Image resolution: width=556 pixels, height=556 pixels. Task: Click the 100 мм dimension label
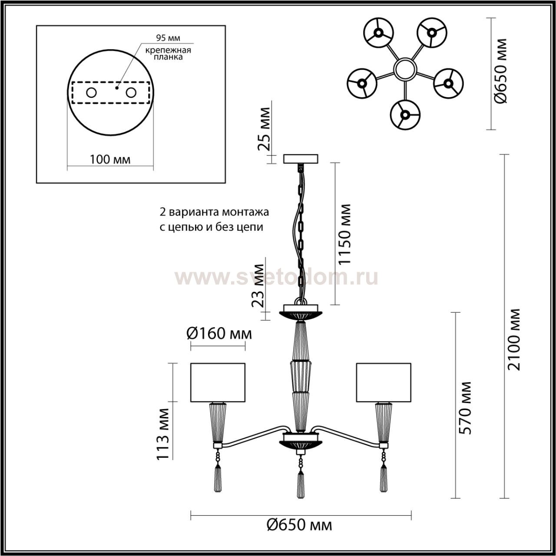click(110, 159)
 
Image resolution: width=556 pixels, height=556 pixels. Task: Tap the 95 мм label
click(168, 38)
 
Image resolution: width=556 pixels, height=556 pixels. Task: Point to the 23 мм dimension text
click(259, 285)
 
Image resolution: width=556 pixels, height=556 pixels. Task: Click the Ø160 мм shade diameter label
click(219, 334)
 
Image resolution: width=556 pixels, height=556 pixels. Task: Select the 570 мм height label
click(465, 408)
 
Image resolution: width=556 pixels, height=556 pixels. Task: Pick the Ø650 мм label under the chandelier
click(300, 525)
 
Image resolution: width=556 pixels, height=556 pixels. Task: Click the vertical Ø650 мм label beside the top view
click(501, 71)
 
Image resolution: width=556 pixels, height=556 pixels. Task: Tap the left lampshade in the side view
click(218, 382)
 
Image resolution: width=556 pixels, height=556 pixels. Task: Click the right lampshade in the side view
click(384, 382)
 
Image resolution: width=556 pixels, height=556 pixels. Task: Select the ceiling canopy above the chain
click(301, 159)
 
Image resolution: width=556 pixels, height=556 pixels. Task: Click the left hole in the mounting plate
click(92, 93)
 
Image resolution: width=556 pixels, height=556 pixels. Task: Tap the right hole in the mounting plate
click(130, 93)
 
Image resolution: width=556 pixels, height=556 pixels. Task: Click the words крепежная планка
click(168, 53)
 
